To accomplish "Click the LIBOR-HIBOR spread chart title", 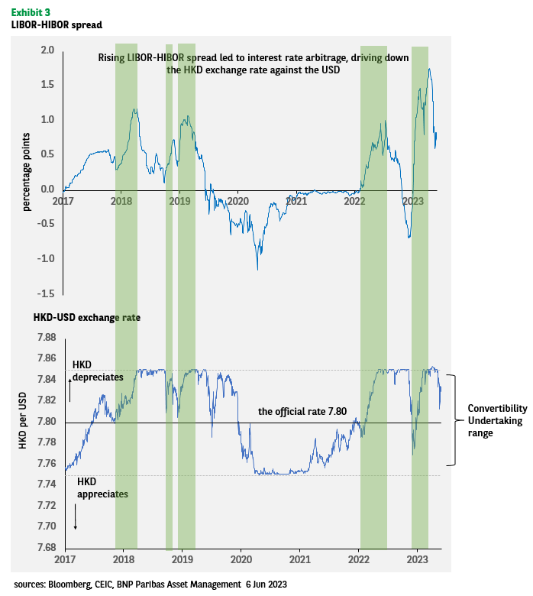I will click(57, 24).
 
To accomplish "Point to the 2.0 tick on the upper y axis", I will click(47, 50).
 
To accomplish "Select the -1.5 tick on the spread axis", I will click(45, 293).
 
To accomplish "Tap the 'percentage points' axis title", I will click(27, 172).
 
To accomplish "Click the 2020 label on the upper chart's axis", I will click(238, 201).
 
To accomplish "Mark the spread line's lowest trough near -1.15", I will click(257, 268).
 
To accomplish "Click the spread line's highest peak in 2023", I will click(430, 70).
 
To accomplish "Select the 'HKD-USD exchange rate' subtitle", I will click(87, 316).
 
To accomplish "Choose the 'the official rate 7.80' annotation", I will click(302, 411).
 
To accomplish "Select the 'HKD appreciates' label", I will click(102, 489).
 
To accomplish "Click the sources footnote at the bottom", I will click(150, 584).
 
